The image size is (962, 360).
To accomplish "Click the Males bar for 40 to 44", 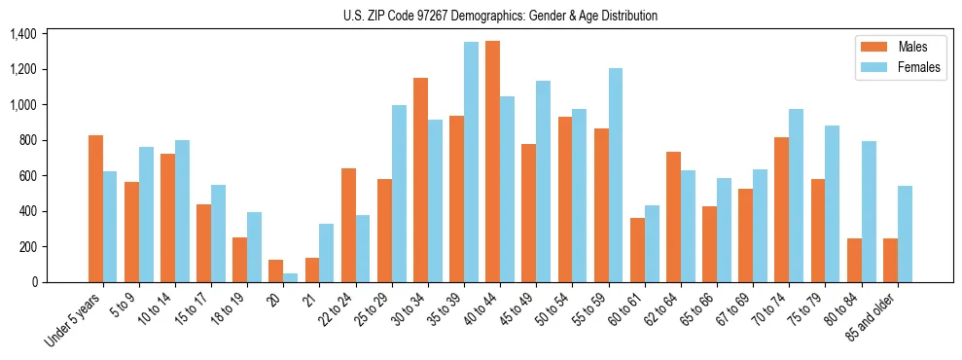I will click(x=492, y=162).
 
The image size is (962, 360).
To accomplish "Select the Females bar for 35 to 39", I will click(x=471, y=162).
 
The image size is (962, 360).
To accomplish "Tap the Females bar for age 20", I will click(x=291, y=278).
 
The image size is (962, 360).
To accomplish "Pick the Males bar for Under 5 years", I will click(x=95, y=208).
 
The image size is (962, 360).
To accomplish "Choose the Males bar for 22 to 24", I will click(x=348, y=225).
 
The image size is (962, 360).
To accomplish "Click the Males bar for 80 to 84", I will click(x=854, y=260).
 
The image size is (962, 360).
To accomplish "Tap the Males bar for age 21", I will click(x=312, y=270).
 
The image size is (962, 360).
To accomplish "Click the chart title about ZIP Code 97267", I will click(x=500, y=16).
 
